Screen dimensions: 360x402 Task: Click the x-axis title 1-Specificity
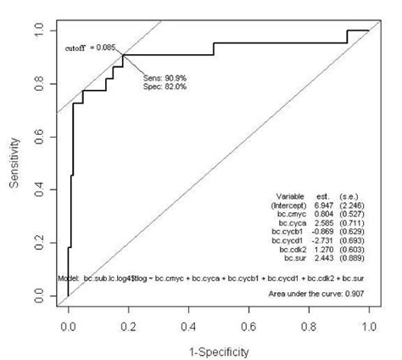[x=219, y=348]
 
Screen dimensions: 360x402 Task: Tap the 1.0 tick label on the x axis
[x=369, y=324]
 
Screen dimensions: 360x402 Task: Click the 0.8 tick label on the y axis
[x=39, y=83]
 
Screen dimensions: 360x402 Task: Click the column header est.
[x=322, y=194]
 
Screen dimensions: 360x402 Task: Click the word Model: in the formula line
[x=70, y=278]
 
